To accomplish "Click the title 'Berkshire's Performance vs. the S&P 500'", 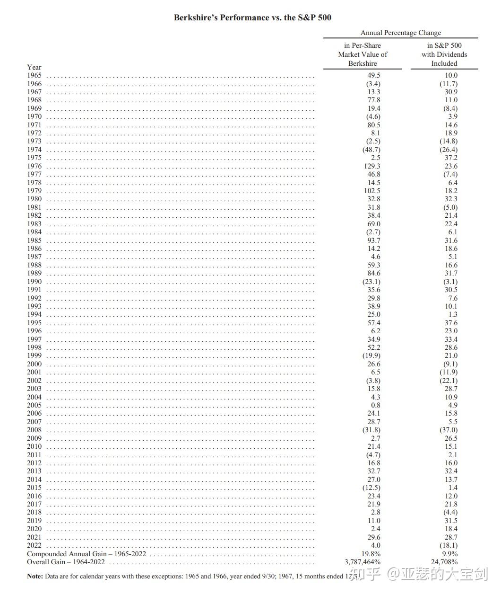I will tap(252, 18).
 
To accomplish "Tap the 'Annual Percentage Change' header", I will tap(400, 33).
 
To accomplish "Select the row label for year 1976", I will tap(34, 166).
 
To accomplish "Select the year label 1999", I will tap(34, 355).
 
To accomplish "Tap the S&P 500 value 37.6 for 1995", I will tap(451, 323).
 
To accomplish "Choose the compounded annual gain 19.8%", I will tap(371, 554).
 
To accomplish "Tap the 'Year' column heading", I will tap(34, 67).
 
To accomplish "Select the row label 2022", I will tap(34, 545).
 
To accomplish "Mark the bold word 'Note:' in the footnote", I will tap(35, 576).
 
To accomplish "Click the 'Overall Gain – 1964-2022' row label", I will tap(66, 562).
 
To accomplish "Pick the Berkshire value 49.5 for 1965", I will tap(373, 75).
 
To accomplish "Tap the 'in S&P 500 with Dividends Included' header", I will tap(444, 54).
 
